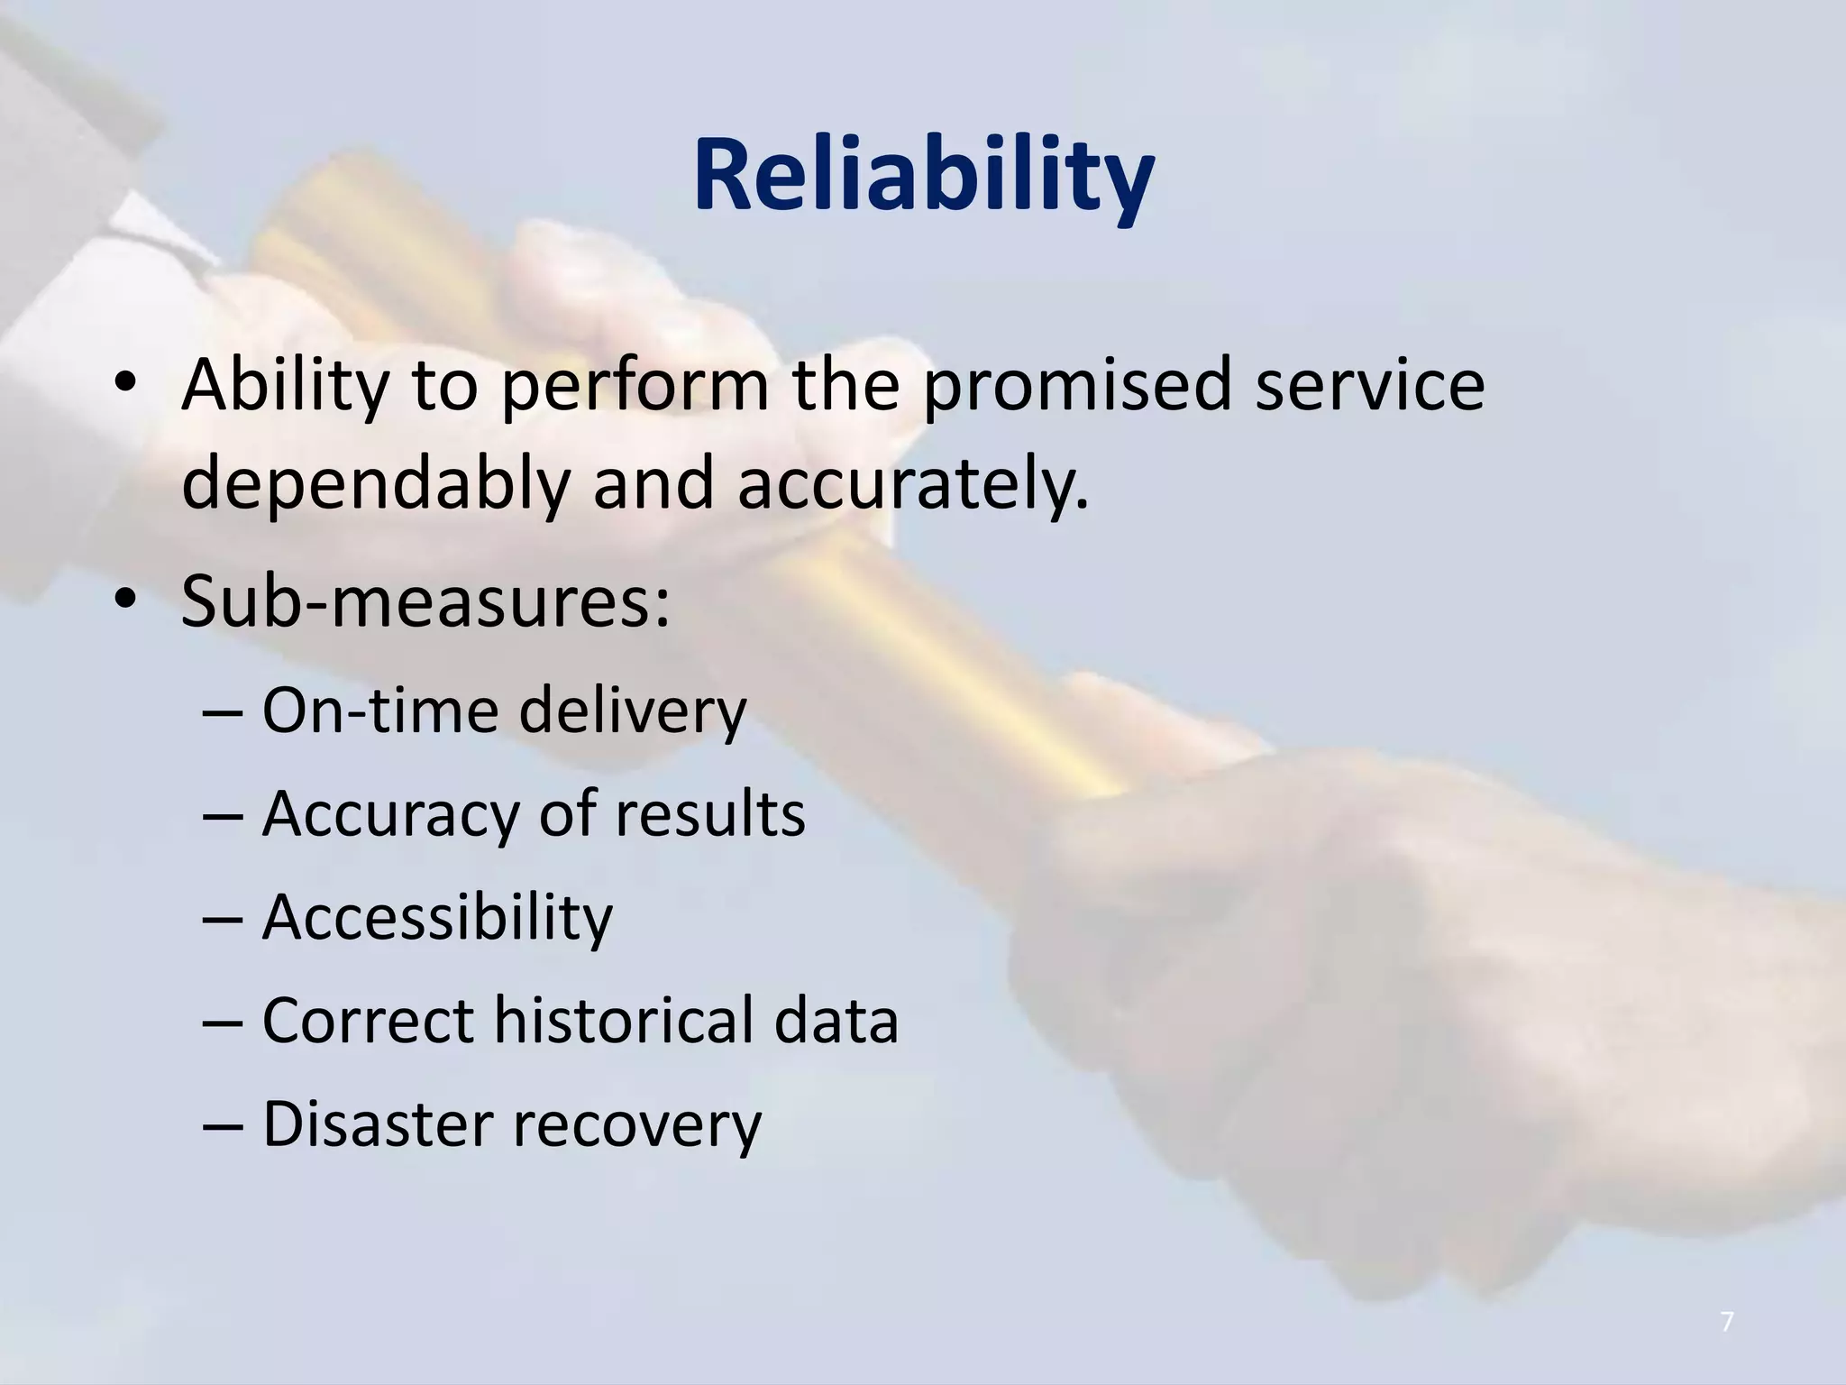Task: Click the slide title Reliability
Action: coord(923,178)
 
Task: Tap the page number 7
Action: coord(1727,1323)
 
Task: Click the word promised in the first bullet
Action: coord(1077,385)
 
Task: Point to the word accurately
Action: coord(912,484)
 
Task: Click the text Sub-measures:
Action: coord(425,601)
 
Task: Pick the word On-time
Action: coord(379,710)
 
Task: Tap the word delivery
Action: coord(633,711)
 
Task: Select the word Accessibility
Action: coord(437,917)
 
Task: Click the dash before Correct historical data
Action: coord(224,1022)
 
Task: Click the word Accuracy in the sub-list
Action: coord(390,815)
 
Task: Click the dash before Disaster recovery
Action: coord(224,1125)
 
